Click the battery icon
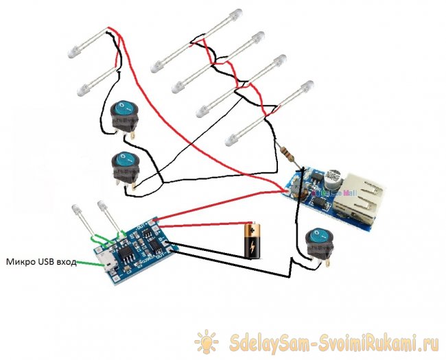pos(255,241)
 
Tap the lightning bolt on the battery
pos(255,244)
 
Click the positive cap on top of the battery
pos(255,224)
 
